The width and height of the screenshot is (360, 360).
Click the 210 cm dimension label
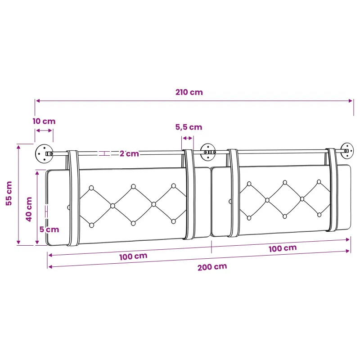tap(189, 92)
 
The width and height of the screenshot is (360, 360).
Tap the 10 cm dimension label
tap(44, 121)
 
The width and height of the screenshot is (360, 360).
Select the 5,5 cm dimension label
tap(189, 127)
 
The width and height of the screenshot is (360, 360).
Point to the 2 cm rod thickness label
tap(129, 153)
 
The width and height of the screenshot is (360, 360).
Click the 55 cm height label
tap(9, 193)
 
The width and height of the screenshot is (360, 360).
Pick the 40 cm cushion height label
tap(29, 209)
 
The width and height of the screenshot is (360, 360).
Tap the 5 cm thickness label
tap(49, 229)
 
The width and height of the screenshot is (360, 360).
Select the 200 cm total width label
tap(212, 267)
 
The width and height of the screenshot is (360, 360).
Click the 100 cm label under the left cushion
tap(133, 256)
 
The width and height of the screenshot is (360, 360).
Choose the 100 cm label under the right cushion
tap(283, 248)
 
